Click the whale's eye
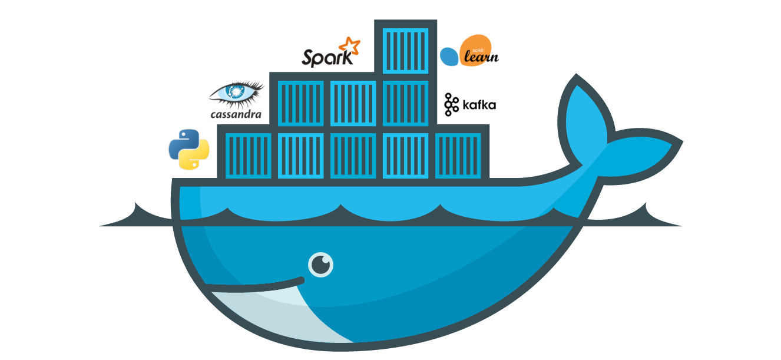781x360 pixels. [x=320, y=265]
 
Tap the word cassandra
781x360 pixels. [x=236, y=114]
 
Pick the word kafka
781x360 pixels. [x=479, y=105]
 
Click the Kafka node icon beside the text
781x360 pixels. [x=452, y=104]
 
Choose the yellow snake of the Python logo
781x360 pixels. [x=196, y=156]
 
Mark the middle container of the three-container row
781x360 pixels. [x=353, y=103]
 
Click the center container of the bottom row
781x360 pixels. [x=353, y=155]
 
